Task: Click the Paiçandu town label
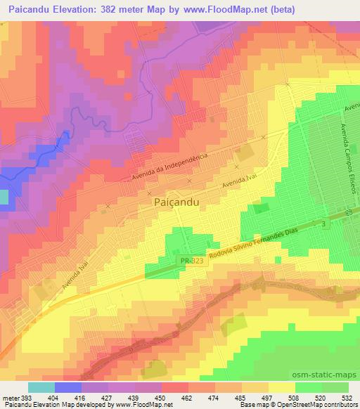(176, 202)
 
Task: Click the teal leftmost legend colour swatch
(41, 387)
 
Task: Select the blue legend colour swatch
(68, 387)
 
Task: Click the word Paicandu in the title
(29, 9)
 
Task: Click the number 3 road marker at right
(323, 223)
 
